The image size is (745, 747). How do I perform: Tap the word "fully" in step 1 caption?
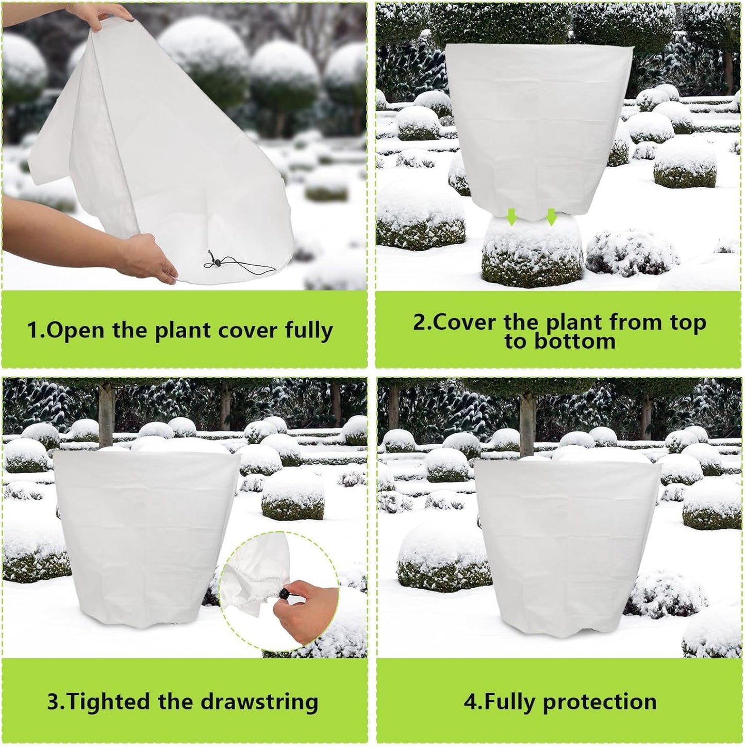tap(309, 331)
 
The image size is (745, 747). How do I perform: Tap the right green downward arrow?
tap(551, 217)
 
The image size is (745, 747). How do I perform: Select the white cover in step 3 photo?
tap(144, 537)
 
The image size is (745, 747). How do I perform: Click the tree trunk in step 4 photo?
tap(527, 418)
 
